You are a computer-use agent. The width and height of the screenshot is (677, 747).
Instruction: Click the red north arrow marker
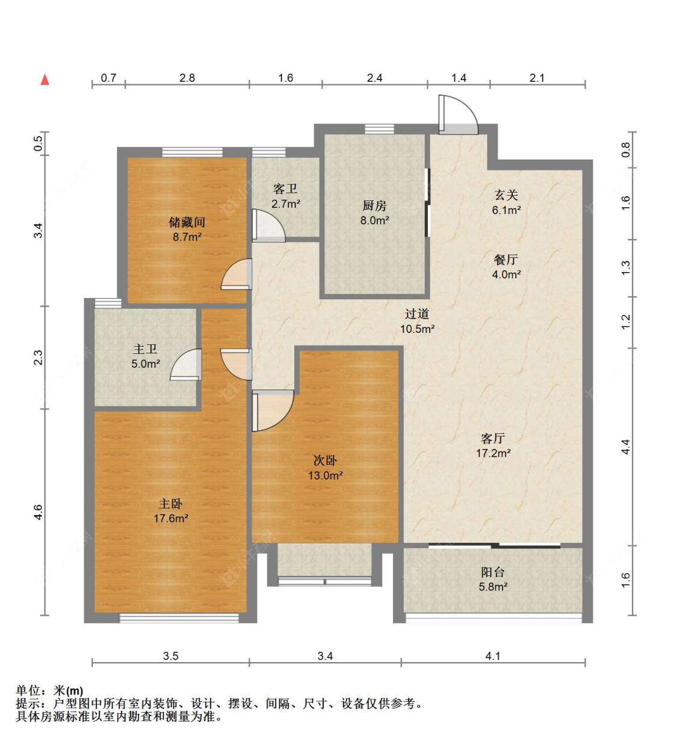pos(45,79)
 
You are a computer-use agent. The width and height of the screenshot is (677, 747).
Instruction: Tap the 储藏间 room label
pos(187,222)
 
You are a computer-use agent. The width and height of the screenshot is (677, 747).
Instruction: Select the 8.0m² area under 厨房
pos(374,221)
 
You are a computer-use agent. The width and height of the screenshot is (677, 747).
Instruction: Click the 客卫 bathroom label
pos(285,189)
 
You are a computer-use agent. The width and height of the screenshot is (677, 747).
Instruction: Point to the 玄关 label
pos(506,195)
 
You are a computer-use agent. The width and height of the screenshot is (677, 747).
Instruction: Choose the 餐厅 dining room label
pos(505,259)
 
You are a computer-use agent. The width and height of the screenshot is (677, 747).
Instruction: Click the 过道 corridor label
pos(416,314)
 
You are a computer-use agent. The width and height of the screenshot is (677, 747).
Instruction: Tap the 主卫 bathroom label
pos(145,349)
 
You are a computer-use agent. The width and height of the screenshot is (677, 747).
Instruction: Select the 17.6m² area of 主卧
pos(171,518)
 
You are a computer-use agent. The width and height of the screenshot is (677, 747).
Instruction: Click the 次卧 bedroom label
pos(325,460)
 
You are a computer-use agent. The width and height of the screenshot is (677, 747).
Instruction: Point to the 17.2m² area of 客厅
pos(493,453)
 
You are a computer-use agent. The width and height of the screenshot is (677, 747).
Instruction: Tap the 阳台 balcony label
pos(492,572)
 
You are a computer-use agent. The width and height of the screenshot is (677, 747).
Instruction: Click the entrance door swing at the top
pos(457,115)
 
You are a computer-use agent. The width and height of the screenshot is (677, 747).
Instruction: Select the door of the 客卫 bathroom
pos(267,226)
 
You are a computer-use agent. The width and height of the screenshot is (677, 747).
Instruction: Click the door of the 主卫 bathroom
pos(186,365)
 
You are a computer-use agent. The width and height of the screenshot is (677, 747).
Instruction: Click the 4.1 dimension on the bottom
pos(492,656)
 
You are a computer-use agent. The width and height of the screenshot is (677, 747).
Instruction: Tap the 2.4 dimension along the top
pos(374,78)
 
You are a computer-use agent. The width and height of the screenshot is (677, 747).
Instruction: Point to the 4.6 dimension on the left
pos(38,512)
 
